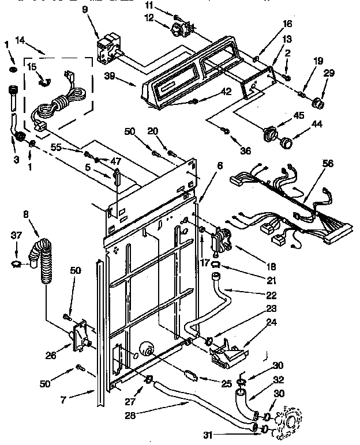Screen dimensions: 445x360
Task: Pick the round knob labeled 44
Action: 284,140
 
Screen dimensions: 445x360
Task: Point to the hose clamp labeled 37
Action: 20,264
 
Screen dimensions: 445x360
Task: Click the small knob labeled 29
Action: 316,104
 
